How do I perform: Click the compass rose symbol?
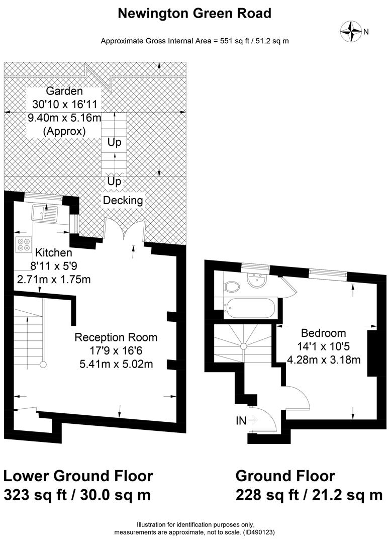pyautogui.click(x=351, y=31)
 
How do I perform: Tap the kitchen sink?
pyautogui.click(x=45, y=213)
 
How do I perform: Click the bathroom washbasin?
pyautogui.click(x=256, y=280)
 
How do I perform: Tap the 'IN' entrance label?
pyautogui.click(x=241, y=421)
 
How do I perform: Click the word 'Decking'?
pyautogui.click(x=123, y=200)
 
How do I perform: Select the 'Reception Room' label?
pyautogui.click(x=116, y=337)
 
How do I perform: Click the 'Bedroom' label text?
pyautogui.click(x=324, y=333)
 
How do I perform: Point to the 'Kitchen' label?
pyautogui.click(x=54, y=252)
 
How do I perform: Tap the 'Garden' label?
pyautogui.click(x=64, y=90)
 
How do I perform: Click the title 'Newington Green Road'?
pyautogui.click(x=194, y=13)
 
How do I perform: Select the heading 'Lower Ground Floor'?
pyautogui.click(x=78, y=476)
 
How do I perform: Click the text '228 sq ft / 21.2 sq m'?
pyautogui.click(x=309, y=495)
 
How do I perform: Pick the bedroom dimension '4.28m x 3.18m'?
pyautogui.click(x=324, y=359)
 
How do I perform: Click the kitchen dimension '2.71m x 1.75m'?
pyautogui.click(x=54, y=279)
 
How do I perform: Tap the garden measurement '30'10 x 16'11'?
pyautogui.click(x=65, y=104)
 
